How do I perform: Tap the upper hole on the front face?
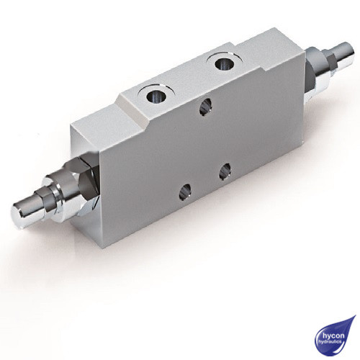tap(204, 106)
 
